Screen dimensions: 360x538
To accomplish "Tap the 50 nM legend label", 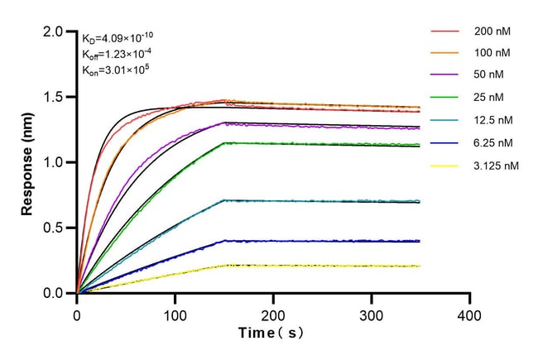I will (x=488, y=75).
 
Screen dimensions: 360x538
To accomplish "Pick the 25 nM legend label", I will (x=488, y=98).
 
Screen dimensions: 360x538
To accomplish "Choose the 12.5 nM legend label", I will (x=492, y=120).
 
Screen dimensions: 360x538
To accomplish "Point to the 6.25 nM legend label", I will (x=492, y=143).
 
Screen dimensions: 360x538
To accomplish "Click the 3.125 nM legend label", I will (x=494, y=166).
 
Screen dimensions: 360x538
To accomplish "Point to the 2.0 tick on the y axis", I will (x=55, y=31).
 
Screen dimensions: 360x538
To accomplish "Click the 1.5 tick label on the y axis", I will (x=55, y=97).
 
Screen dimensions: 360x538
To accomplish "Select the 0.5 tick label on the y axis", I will (x=55, y=228).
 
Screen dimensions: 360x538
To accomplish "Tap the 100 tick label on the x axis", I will (x=175, y=314).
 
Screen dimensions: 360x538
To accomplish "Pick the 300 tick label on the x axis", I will (x=372, y=314).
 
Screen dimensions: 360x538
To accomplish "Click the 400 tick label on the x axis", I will (x=470, y=314).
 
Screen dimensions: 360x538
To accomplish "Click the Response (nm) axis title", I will (x=28, y=161).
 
